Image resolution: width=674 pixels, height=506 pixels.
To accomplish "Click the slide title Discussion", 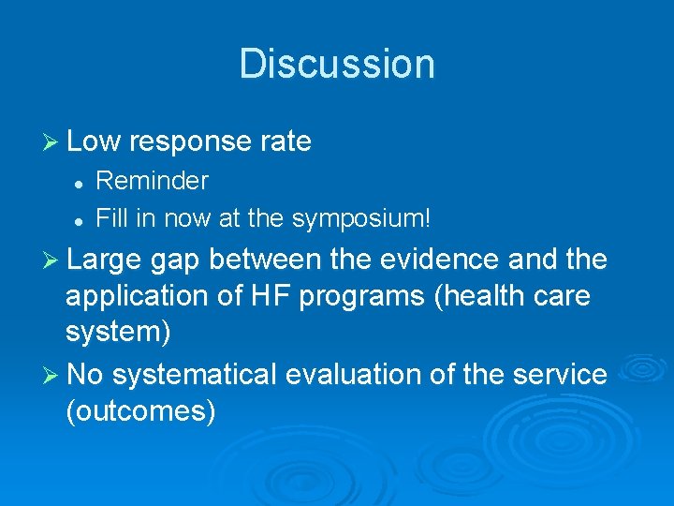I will pos(337,64).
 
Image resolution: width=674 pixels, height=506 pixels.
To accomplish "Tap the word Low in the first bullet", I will pos(95,141).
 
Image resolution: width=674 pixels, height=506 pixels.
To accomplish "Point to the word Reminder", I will pos(153,180).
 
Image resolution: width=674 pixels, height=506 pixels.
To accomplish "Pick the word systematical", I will pos(198,375).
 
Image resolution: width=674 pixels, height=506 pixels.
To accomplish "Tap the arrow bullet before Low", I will pos(52,142).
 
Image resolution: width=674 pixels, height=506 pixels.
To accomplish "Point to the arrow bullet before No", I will pos(52,375).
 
